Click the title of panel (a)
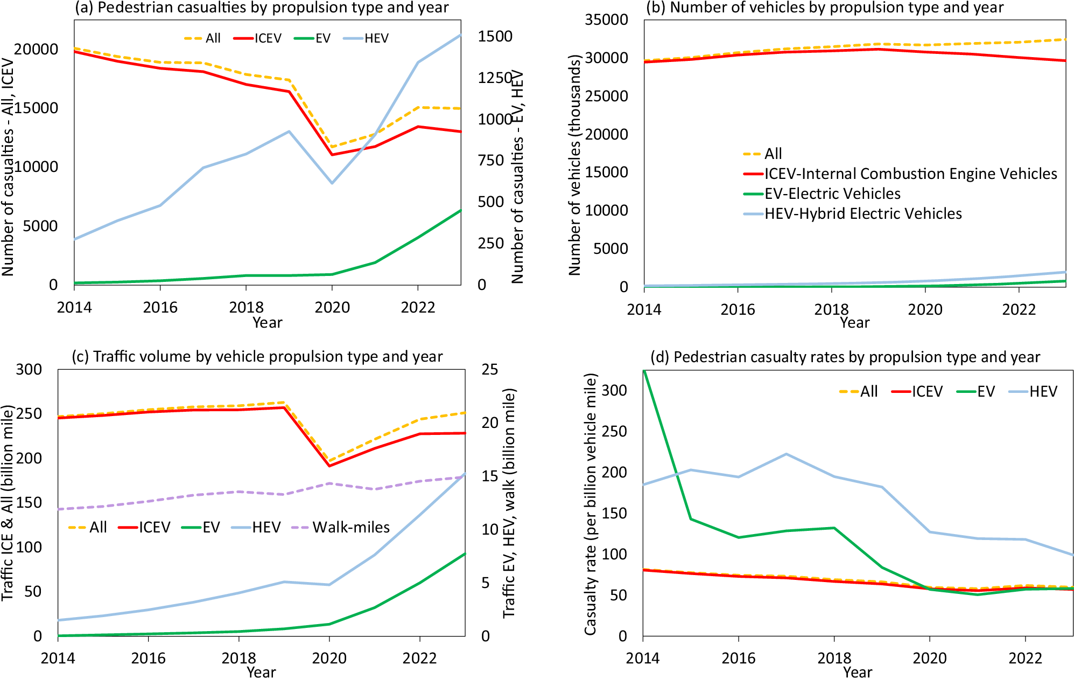click(262, 8)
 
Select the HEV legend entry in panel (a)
click(376, 38)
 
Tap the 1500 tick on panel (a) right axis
click(495, 36)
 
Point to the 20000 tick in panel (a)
click(36, 49)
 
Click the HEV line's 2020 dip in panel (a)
click(332, 183)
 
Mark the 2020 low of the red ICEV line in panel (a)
click(332, 155)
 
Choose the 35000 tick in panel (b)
click(606, 20)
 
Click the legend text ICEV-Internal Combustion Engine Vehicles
click(910, 174)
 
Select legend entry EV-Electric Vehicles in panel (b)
click(832, 193)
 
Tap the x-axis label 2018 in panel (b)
click(831, 309)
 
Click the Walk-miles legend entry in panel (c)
click(350, 527)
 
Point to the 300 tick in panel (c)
click(29, 370)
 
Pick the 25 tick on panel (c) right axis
click(489, 370)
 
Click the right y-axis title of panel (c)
click(509, 502)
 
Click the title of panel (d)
click(845, 357)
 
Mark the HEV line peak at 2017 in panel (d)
click(786, 454)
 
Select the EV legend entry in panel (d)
click(985, 391)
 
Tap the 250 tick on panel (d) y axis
click(614, 431)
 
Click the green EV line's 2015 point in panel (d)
click(691, 519)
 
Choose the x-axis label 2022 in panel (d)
click(1025, 658)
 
